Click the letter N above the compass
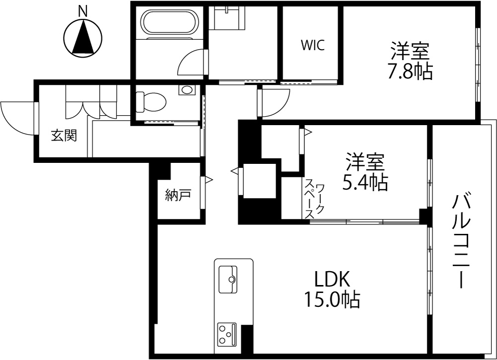pyautogui.click(x=83, y=12)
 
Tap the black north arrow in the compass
pyautogui.click(x=83, y=37)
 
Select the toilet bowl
pyautogui.click(x=150, y=102)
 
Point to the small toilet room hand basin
pyautogui.click(x=187, y=90)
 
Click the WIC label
pyautogui.click(x=312, y=46)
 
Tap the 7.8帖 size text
pyautogui.click(x=409, y=73)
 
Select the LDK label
pyautogui.click(x=332, y=279)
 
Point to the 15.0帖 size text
pyautogui.click(x=332, y=299)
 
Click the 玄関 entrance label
pyautogui.click(x=64, y=136)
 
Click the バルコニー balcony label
pyautogui.click(x=462, y=242)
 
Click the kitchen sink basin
pyautogui.click(x=227, y=279)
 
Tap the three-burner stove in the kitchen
pyautogui.click(x=227, y=334)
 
